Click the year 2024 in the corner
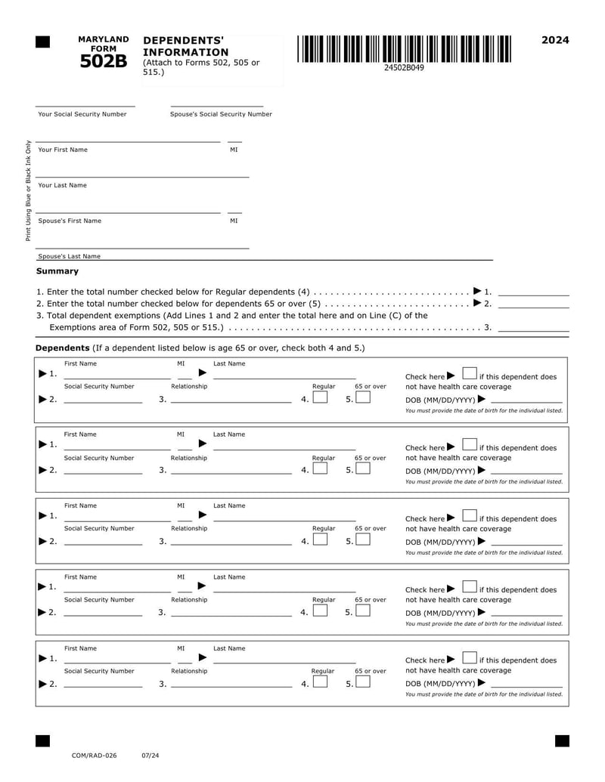pos(555,40)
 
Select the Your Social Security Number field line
pos(85,105)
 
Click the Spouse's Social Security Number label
pos(221,114)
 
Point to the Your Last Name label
pos(62,185)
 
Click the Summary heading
pos(57,270)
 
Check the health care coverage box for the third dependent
pos(469,517)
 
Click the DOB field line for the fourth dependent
pos(526,614)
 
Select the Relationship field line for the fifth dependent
pos(231,686)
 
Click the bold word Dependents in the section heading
pos(63,348)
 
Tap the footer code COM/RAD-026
pos(94,755)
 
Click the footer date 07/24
pos(150,755)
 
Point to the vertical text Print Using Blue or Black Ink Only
pos(29,191)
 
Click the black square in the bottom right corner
pos(562,740)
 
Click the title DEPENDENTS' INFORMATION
pos(185,46)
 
